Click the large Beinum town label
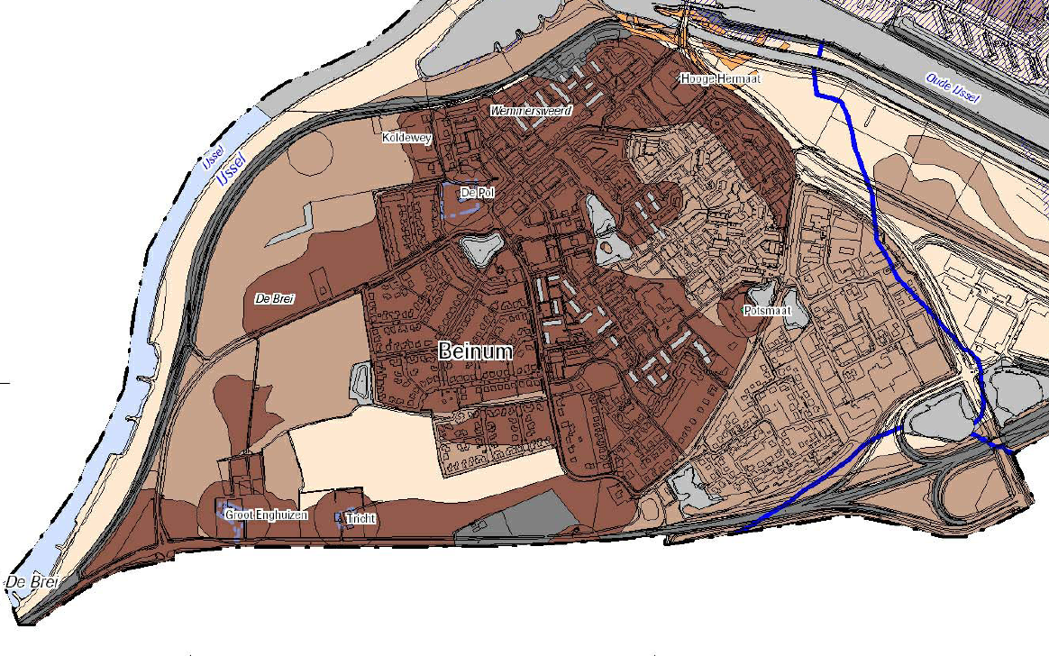tap(475, 351)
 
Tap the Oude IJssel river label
tap(953, 87)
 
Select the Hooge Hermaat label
tap(721, 79)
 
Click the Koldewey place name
tap(407, 138)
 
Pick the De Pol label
tap(477, 193)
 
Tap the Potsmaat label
tap(768, 311)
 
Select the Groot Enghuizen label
tap(267, 515)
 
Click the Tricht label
tap(360, 519)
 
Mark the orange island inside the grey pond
tap(607, 245)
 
